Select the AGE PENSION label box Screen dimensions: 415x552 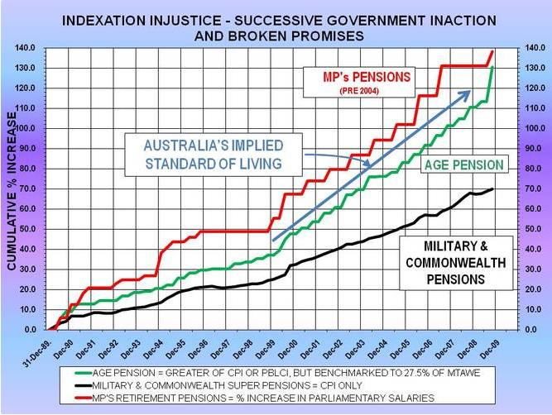click(463, 165)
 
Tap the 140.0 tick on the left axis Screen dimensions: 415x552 click(25, 48)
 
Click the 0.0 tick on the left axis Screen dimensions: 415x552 click(28, 329)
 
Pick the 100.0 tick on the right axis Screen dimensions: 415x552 click(526, 128)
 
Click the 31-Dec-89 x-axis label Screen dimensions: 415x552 click(38, 346)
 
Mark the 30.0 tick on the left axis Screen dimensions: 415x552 click(26, 269)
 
